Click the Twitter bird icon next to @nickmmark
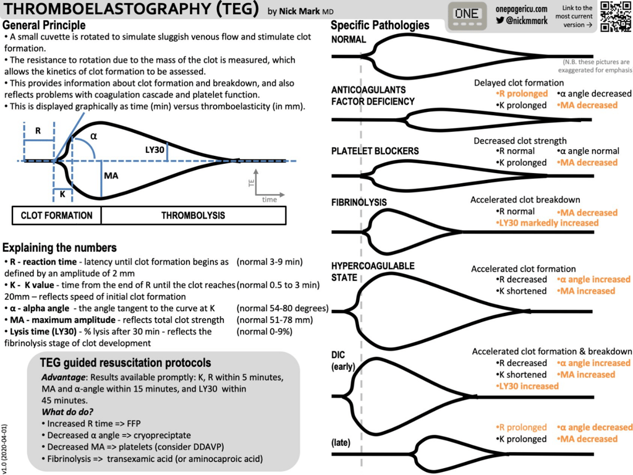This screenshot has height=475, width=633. point(499,20)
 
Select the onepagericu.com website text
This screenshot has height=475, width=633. point(521,9)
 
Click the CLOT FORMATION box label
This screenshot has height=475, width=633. point(56,215)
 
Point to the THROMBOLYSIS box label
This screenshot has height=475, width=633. point(193,215)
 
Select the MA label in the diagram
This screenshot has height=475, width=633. point(111,176)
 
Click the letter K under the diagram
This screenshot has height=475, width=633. point(62,194)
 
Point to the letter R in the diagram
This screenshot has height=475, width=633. point(37,131)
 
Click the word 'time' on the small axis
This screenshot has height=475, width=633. point(269,200)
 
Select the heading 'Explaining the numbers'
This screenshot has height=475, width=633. point(59,248)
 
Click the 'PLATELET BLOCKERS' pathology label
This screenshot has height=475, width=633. point(375,151)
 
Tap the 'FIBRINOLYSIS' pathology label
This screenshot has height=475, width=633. point(359,202)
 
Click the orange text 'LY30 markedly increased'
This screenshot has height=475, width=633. point(547,223)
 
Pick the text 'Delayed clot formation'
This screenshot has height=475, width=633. point(519,83)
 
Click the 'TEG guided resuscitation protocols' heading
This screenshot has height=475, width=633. point(125,363)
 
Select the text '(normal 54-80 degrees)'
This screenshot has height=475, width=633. point(282,309)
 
